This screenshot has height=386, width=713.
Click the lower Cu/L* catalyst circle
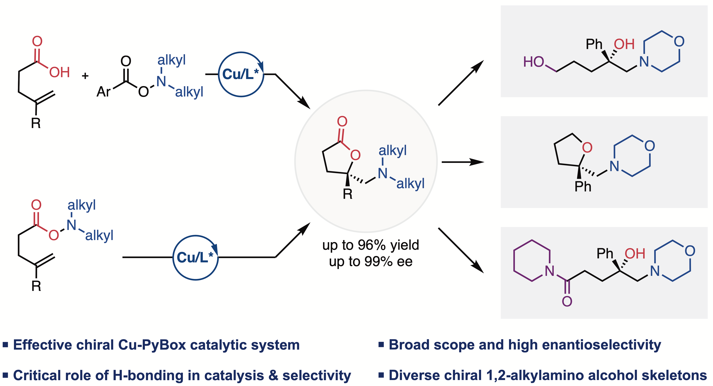coord(195,258)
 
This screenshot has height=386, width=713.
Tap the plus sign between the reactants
coord(85,76)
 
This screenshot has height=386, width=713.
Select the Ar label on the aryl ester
coord(103,92)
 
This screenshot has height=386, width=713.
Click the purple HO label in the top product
coord(533,62)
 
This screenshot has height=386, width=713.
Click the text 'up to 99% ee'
coord(371,262)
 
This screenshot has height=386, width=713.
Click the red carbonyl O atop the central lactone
coord(342,121)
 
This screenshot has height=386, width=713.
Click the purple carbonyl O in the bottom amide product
coord(567,301)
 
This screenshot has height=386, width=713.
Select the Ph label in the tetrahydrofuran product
coord(583,187)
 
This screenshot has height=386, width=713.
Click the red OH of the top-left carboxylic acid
coord(59,72)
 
